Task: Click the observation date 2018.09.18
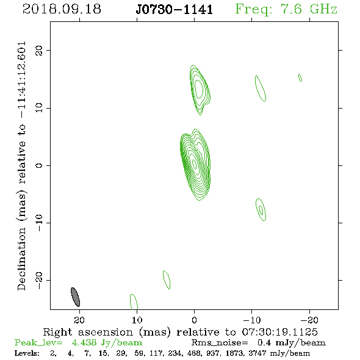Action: [62, 9]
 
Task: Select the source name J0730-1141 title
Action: [175, 10]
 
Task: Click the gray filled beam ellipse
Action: [75, 297]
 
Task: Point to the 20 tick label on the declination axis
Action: [39, 50]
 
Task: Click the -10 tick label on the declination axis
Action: [39, 223]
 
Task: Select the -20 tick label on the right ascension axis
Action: [309, 320]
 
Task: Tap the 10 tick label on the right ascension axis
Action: [137, 320]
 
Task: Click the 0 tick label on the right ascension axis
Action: [194, 320]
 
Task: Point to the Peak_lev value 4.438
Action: [84, 342]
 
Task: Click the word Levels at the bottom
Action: [27, 353]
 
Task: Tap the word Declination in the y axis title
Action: [21, 259]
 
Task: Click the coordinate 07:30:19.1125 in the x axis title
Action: [279, 332]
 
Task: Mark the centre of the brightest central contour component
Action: [195, 164]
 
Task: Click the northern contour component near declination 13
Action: [200, 89]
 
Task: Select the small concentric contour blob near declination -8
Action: [261, 209]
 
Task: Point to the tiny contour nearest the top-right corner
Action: [300, 77]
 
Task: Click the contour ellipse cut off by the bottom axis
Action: [134, 301]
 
